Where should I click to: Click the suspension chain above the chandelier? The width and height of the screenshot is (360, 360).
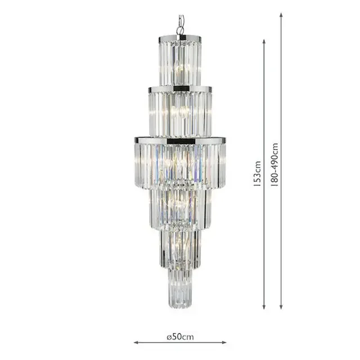click(x=180, y=26)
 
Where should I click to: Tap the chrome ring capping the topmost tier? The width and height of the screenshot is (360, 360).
click(x=180, y=39)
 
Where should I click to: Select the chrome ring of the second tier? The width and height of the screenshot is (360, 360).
click(x=180, y=89)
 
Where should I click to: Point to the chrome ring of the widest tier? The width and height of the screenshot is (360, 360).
click(x=180, y=138)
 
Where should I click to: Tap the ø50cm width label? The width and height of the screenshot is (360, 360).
click(x=180, y=337)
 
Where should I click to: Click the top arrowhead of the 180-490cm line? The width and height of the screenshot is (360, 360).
click(x=281, y=14)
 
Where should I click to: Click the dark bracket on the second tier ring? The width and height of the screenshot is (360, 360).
click(x=181, y=89)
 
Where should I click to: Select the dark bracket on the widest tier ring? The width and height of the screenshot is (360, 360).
click(x=181, y=139)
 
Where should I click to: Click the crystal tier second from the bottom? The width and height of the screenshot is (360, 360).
click(x=180, y=247)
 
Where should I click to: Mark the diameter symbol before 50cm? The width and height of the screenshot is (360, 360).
click(x=169, y=337)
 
